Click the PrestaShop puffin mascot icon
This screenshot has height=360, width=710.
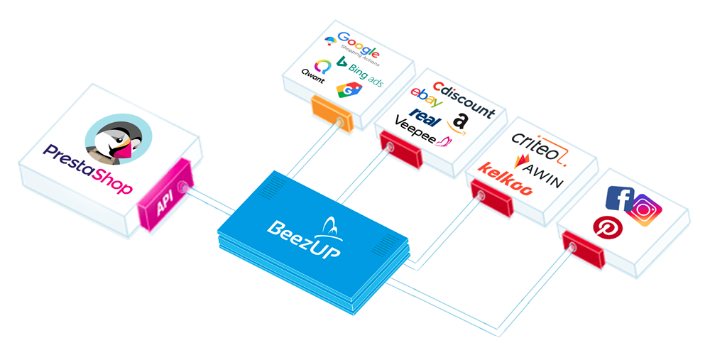[119, 138]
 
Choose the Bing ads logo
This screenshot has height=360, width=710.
[361, 72]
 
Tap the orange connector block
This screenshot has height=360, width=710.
[332, 113]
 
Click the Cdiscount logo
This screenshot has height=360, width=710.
[464, 99]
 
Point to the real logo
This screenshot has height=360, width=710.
[425, 117]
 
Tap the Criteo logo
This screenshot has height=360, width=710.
[540, 146]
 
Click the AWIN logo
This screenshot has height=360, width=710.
[539, 171]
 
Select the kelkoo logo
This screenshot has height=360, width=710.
[506, 179]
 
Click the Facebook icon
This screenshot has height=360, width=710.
[619, 198]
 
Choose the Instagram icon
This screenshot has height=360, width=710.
[644, 209]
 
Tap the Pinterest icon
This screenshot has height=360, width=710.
[608, 227]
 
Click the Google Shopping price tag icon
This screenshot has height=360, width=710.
[349, 90]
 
